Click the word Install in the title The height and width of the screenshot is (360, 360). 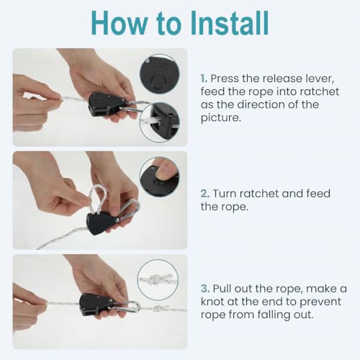point(230,23)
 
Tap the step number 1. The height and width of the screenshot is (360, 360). point(204,78)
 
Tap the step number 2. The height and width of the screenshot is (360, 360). point(205,194)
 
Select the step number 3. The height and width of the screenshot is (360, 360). point(205,288)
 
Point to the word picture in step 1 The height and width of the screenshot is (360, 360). point(220,117)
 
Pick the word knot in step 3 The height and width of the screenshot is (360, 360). point(212,302)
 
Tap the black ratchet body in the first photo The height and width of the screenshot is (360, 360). point(106,104)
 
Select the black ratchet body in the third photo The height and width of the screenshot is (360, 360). point(95,305)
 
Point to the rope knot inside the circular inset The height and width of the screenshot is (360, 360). point(156,279)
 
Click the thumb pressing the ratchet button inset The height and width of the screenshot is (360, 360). point(166,168)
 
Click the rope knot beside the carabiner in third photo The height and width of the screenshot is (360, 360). point(158,308)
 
